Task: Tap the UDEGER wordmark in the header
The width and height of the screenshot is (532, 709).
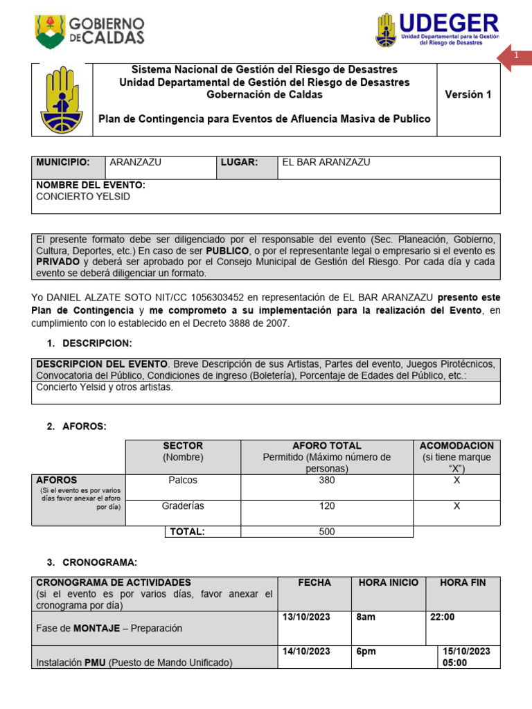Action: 449,23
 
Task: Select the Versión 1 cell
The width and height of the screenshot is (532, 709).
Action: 468,95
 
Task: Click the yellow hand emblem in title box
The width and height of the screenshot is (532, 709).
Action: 62,100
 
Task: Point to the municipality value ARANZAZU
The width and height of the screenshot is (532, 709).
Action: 136,162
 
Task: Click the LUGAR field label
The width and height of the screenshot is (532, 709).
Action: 239,162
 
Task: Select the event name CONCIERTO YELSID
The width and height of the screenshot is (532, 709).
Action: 83,197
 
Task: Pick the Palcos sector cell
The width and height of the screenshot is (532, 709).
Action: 183,480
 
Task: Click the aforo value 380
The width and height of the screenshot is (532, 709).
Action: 326,480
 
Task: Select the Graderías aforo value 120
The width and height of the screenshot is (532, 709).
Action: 326,506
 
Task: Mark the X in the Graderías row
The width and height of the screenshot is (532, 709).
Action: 456,506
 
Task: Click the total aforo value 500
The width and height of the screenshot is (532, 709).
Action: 326,532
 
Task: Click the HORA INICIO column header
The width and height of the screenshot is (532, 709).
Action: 388,583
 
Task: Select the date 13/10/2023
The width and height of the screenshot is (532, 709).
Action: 306,617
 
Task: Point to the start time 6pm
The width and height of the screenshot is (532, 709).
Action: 364,652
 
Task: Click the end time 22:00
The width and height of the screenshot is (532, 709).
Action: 443,617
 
